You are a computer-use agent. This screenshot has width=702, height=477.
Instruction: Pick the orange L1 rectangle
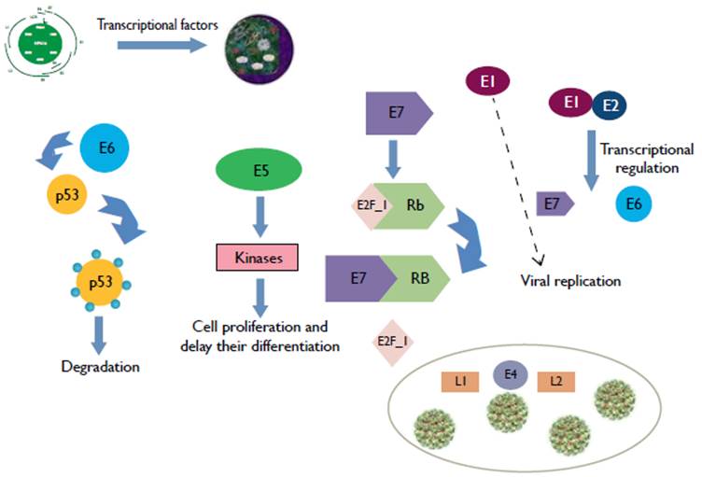(x=460, y=381)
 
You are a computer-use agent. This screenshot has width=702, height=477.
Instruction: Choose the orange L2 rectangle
(x=555, y=381)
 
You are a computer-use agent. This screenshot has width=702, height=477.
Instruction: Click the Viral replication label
(x=569, y=280)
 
